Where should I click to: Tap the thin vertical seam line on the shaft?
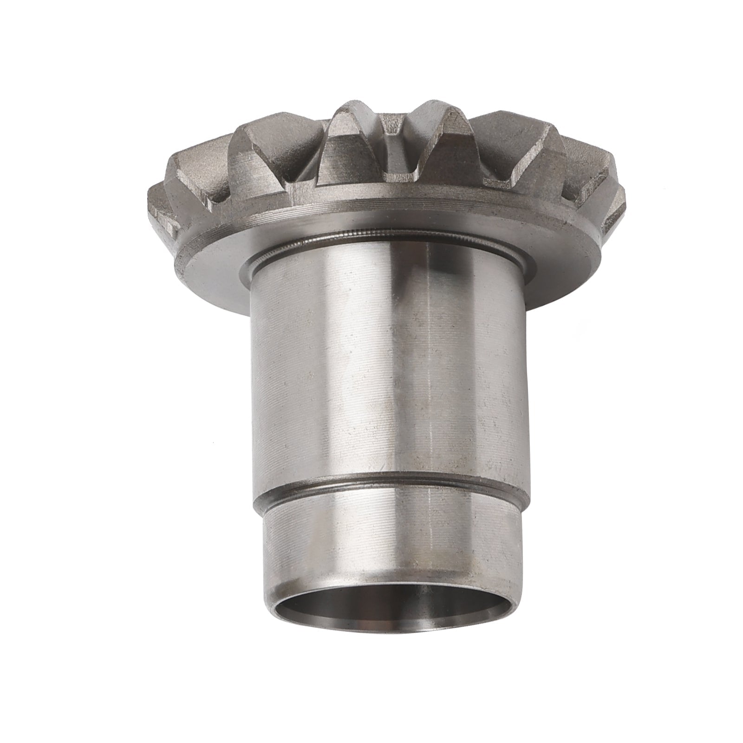430,371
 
